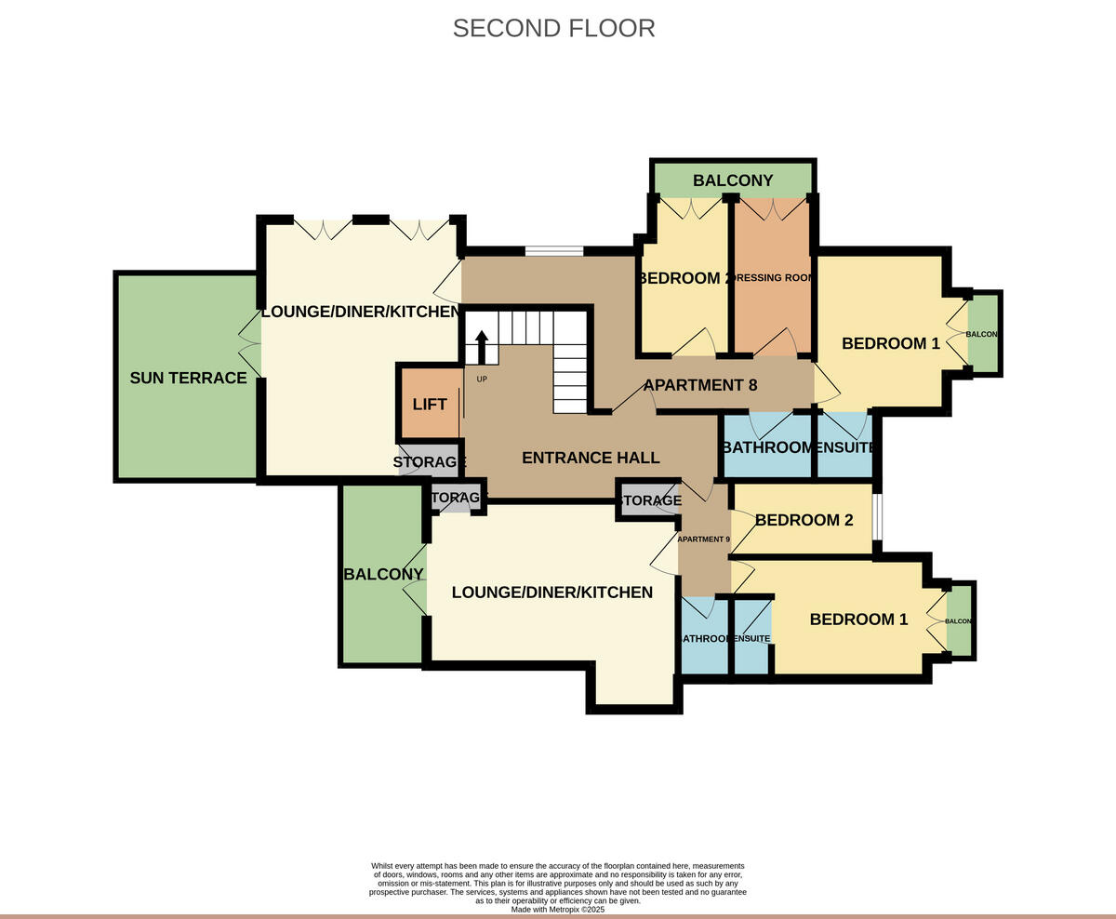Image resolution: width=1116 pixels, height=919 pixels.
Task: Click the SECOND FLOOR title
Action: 553,28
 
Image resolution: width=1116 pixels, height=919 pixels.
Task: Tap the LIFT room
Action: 429,404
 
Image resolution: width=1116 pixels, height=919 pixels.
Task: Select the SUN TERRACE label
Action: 188,378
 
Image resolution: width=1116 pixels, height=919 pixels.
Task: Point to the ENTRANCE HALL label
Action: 591,458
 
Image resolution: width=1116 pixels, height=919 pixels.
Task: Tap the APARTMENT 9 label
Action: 703,539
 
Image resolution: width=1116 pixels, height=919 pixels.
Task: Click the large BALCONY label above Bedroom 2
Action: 733,180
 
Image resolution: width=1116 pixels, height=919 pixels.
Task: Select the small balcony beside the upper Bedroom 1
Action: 983,334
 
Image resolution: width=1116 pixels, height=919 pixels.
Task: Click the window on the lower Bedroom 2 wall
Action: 876,520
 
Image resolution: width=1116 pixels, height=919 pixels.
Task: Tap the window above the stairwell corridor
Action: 553,250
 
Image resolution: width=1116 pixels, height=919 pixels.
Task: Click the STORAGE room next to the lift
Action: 429,462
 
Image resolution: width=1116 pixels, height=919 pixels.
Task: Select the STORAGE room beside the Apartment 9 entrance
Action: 649,500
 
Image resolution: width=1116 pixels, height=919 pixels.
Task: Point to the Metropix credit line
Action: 557,909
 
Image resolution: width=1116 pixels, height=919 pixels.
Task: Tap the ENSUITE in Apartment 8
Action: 844,447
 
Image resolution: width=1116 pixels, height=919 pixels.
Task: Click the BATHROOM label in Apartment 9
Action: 705,639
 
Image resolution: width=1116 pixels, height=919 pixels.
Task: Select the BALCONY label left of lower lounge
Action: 383,575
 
